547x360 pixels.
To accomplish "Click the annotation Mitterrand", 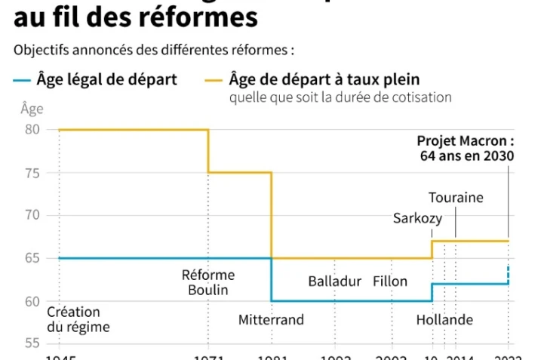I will click(271, 320).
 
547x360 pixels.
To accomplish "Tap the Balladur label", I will click(335, 282).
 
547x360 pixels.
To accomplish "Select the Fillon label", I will click(390, 282).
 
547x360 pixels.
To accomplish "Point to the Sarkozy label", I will click(418, 219).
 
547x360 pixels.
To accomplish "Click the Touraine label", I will click(456, 198).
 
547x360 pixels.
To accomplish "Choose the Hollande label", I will click(444, 320).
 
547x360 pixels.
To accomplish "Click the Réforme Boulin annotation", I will click(208, 282).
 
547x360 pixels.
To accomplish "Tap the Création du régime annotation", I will click(78, 320).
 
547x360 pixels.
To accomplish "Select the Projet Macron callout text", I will click(466, 149).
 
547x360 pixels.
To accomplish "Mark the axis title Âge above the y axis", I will click(32, 108).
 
